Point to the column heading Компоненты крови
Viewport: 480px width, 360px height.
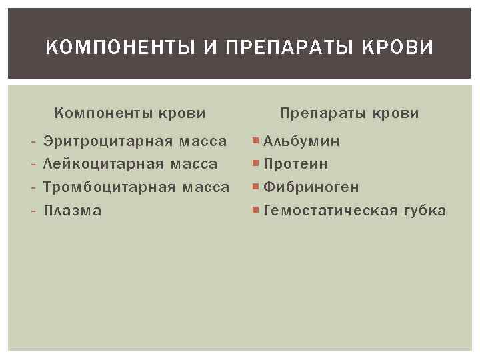[129, 113]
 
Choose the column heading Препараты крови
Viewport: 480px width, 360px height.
[350, 113]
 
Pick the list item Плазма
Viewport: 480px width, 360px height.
[72, 211]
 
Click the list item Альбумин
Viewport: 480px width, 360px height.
[301, 141]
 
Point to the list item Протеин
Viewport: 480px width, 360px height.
[296, 164]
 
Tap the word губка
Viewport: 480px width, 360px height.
[424, 211]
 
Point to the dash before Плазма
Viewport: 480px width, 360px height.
[33, 211]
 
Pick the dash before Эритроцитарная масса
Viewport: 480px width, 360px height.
[33, 141]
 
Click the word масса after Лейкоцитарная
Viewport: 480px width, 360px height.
[195, 164]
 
